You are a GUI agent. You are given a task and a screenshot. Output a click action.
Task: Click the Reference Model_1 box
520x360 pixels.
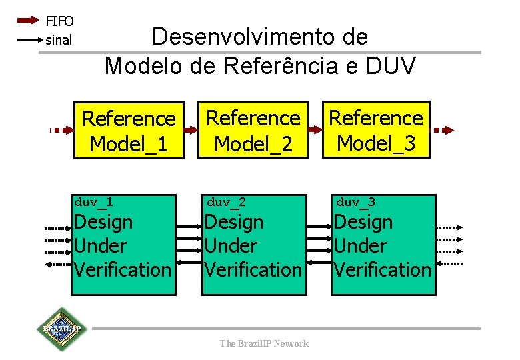tap(128, 131)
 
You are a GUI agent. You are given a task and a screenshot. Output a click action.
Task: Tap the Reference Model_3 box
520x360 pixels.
tap(376, 129)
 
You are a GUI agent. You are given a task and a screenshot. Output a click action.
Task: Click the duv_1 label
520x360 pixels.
tap(93, 201)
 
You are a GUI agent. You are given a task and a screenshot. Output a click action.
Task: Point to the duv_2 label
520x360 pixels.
tap(227, 201)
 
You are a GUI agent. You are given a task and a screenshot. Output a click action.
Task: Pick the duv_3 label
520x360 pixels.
tap(355, 201)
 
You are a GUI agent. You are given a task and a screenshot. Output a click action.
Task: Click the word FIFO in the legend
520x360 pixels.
tap(59, 21)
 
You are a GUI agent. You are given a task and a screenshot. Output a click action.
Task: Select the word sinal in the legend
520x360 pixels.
tap(59, 40)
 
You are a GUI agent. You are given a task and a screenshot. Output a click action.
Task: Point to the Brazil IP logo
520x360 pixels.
tap(61, 329)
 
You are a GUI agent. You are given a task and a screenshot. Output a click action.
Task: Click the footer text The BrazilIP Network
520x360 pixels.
tap(265, 343)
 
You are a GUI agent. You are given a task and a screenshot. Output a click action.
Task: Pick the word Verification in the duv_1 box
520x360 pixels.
tap(123, 270)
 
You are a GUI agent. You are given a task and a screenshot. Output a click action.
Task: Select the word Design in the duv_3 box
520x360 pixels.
tap(363, 222)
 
